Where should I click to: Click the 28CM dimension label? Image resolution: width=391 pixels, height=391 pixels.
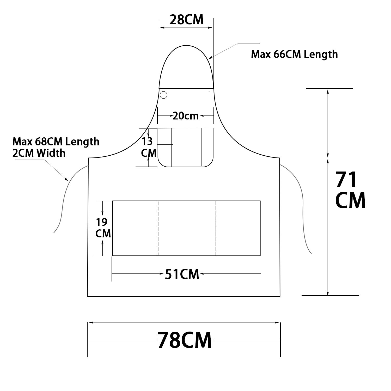point(186,20)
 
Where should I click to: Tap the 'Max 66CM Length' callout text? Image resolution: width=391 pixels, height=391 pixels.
point(294,54)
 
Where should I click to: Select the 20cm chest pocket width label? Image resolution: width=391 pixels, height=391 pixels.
point(186,116)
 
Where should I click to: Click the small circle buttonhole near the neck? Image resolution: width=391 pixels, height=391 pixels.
point(163,95)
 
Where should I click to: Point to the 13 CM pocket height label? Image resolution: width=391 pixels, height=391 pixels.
point(149,147)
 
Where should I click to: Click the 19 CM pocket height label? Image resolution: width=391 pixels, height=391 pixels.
point(103,228)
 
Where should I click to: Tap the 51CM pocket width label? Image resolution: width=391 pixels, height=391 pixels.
point(182,274)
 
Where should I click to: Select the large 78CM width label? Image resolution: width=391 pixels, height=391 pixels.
point(185,340)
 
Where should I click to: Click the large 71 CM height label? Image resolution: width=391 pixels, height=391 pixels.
point(350,190)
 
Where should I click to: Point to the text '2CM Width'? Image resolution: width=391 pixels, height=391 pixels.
point(39,153)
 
